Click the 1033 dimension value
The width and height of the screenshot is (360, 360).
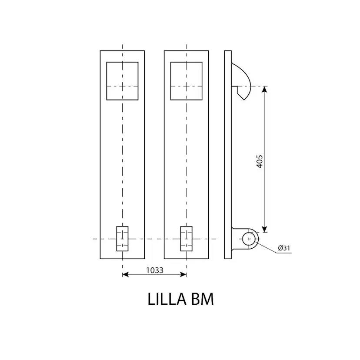(155, 270)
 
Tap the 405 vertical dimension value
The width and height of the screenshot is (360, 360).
(260, 161)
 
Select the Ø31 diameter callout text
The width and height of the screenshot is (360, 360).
(284, 248)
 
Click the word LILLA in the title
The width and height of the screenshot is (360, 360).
(167, 299)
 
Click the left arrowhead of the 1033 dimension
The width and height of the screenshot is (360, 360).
(125, 274)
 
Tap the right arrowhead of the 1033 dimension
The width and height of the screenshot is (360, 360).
(183, 274)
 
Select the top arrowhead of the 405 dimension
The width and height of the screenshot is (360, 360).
(264, 89)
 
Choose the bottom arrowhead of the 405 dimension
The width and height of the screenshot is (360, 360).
(264, 230)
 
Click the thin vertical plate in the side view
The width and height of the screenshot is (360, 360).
(228, 155)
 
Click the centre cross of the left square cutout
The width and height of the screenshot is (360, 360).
(122, 87)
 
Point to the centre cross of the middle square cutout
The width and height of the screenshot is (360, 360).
(187, 87)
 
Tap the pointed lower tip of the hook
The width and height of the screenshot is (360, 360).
(244, 100)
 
